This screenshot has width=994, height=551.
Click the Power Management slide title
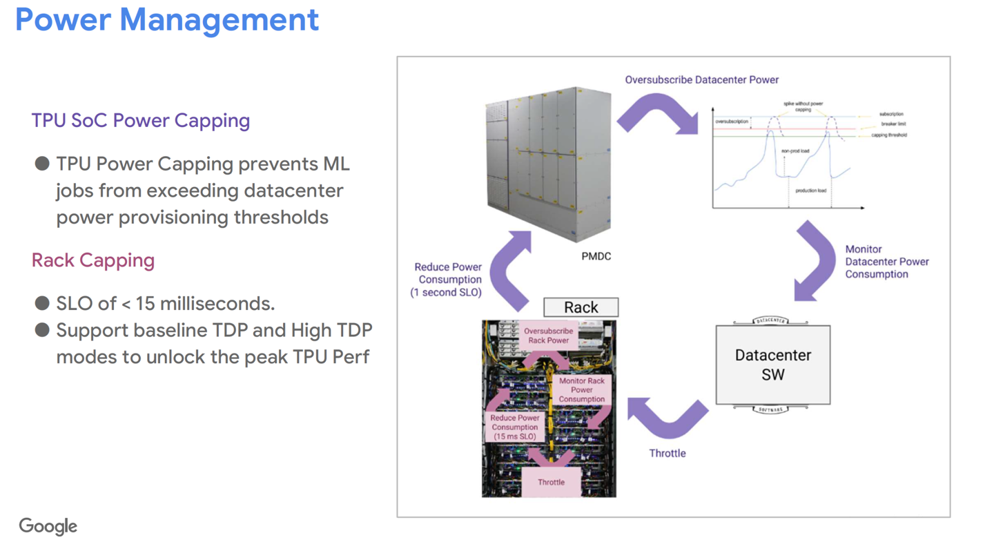pos(167,20)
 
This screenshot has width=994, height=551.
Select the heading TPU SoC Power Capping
pos(141,120)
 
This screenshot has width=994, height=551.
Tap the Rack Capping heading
pos(93,260)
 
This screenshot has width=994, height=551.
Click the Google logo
pos(48,526)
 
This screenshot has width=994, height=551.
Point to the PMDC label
pos(596,256)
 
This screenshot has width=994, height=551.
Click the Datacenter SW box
pos(772,365)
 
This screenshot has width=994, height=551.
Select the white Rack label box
pos(581,307)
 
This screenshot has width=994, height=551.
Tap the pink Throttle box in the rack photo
pos(551,482)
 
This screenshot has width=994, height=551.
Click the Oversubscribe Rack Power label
pos(548,336)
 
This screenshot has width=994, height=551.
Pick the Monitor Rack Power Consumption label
pos(582,390)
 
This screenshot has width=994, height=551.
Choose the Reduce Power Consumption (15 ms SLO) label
pos(515,427)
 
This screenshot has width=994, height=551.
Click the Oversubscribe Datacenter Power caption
pos(702,79)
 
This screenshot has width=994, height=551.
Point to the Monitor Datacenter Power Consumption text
pos(886,262)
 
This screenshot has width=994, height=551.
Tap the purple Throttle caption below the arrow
pos(667,453)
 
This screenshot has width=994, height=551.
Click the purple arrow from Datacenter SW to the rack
pos(667,417)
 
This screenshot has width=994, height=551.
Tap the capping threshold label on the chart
pos(888,135)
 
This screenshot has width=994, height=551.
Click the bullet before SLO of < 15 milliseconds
pos(42,303)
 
